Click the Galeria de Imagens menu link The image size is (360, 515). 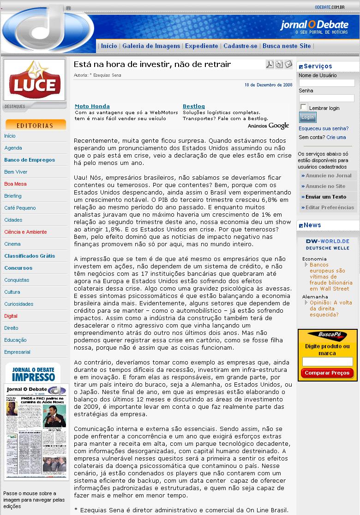tap(151, 46)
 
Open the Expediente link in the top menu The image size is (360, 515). tap(201, 46)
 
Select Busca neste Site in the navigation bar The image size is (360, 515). tap(287, 46)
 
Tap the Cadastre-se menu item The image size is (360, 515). tap(240, 46)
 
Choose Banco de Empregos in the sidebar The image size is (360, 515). tap(30, 160)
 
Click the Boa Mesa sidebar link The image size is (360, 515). tap(15, 184)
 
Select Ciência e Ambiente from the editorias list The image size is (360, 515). tap(25, 232)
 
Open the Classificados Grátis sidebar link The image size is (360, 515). tap(30, 256)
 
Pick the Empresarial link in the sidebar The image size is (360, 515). tap(17, 352)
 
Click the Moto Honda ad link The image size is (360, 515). tap(92, 106)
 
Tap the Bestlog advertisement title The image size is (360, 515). tap(194, 106)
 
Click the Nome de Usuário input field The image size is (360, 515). tap(327, 83)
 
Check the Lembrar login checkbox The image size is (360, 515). tap(303, 107)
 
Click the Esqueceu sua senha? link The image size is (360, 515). tap(324, 128)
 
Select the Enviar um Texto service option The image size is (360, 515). tap(326, 197)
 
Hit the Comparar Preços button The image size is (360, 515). tap(327, 373)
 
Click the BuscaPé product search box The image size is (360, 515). tap(327, 362)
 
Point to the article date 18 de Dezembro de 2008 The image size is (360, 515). tap(268, 85)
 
